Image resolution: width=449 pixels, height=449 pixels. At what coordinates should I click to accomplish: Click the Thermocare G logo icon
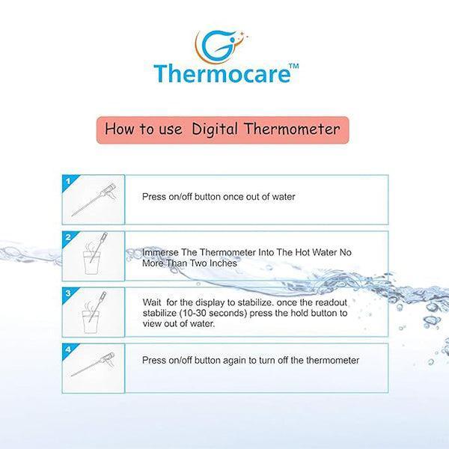coord(220,46)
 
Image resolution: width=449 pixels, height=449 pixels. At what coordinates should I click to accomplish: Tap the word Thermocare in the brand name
coord(222,74)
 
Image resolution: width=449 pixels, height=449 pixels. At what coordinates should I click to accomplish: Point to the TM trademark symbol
coord(294,66)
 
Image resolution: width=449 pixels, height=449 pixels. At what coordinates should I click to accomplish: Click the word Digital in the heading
coord(215,129)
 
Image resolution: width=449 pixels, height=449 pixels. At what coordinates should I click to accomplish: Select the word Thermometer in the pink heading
coord(292,129)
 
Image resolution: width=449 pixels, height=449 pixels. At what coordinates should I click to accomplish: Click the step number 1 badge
coord(69,182)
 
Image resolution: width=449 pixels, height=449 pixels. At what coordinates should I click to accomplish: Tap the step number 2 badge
coord(69,238)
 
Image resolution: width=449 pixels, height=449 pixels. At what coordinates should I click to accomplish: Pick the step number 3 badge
coord(69,293)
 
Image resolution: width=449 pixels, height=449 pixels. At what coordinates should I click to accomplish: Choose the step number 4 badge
coord(69,349)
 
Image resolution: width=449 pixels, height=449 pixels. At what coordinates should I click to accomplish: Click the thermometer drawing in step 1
coord(94,200)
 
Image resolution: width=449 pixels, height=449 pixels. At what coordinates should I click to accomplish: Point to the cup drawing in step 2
coord(91,263)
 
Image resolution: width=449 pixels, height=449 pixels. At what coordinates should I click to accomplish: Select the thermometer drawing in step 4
coord(93,364)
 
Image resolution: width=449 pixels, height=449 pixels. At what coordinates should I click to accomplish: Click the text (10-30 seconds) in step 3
coord(213,314)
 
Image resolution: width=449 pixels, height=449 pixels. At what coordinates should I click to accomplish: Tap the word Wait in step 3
coord(152,302)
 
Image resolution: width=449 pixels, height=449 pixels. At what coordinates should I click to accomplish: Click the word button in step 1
coord(207,197)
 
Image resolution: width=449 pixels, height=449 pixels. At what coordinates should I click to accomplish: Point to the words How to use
coord(144,129)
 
